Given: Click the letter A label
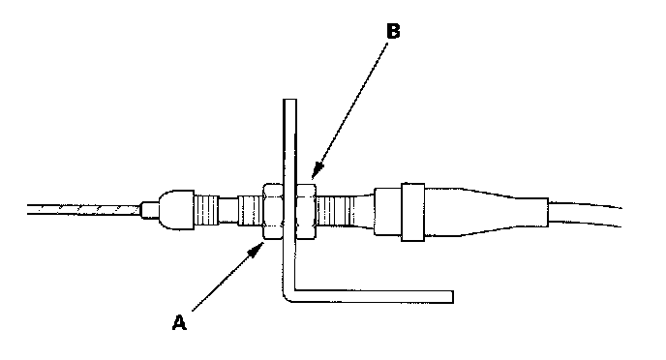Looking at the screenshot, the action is [179, 322].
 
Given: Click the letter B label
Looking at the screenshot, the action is [393, 31].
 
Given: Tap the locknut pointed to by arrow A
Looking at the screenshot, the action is [273, 211].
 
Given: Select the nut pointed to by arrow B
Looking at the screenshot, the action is [306, 211].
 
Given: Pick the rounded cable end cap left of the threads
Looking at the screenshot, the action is [176, 210].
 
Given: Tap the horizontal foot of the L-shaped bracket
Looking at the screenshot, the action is [374, 297].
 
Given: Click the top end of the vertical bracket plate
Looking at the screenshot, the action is [290, 101].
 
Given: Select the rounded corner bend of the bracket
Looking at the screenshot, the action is [288, 296].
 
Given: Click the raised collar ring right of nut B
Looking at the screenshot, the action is [412, 212].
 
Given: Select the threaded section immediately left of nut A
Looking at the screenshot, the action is [250, 210].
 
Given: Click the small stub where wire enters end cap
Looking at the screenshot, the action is [149, 210].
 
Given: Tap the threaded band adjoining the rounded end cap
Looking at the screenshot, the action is [206, 210].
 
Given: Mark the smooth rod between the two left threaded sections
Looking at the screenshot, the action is [228, 210].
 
